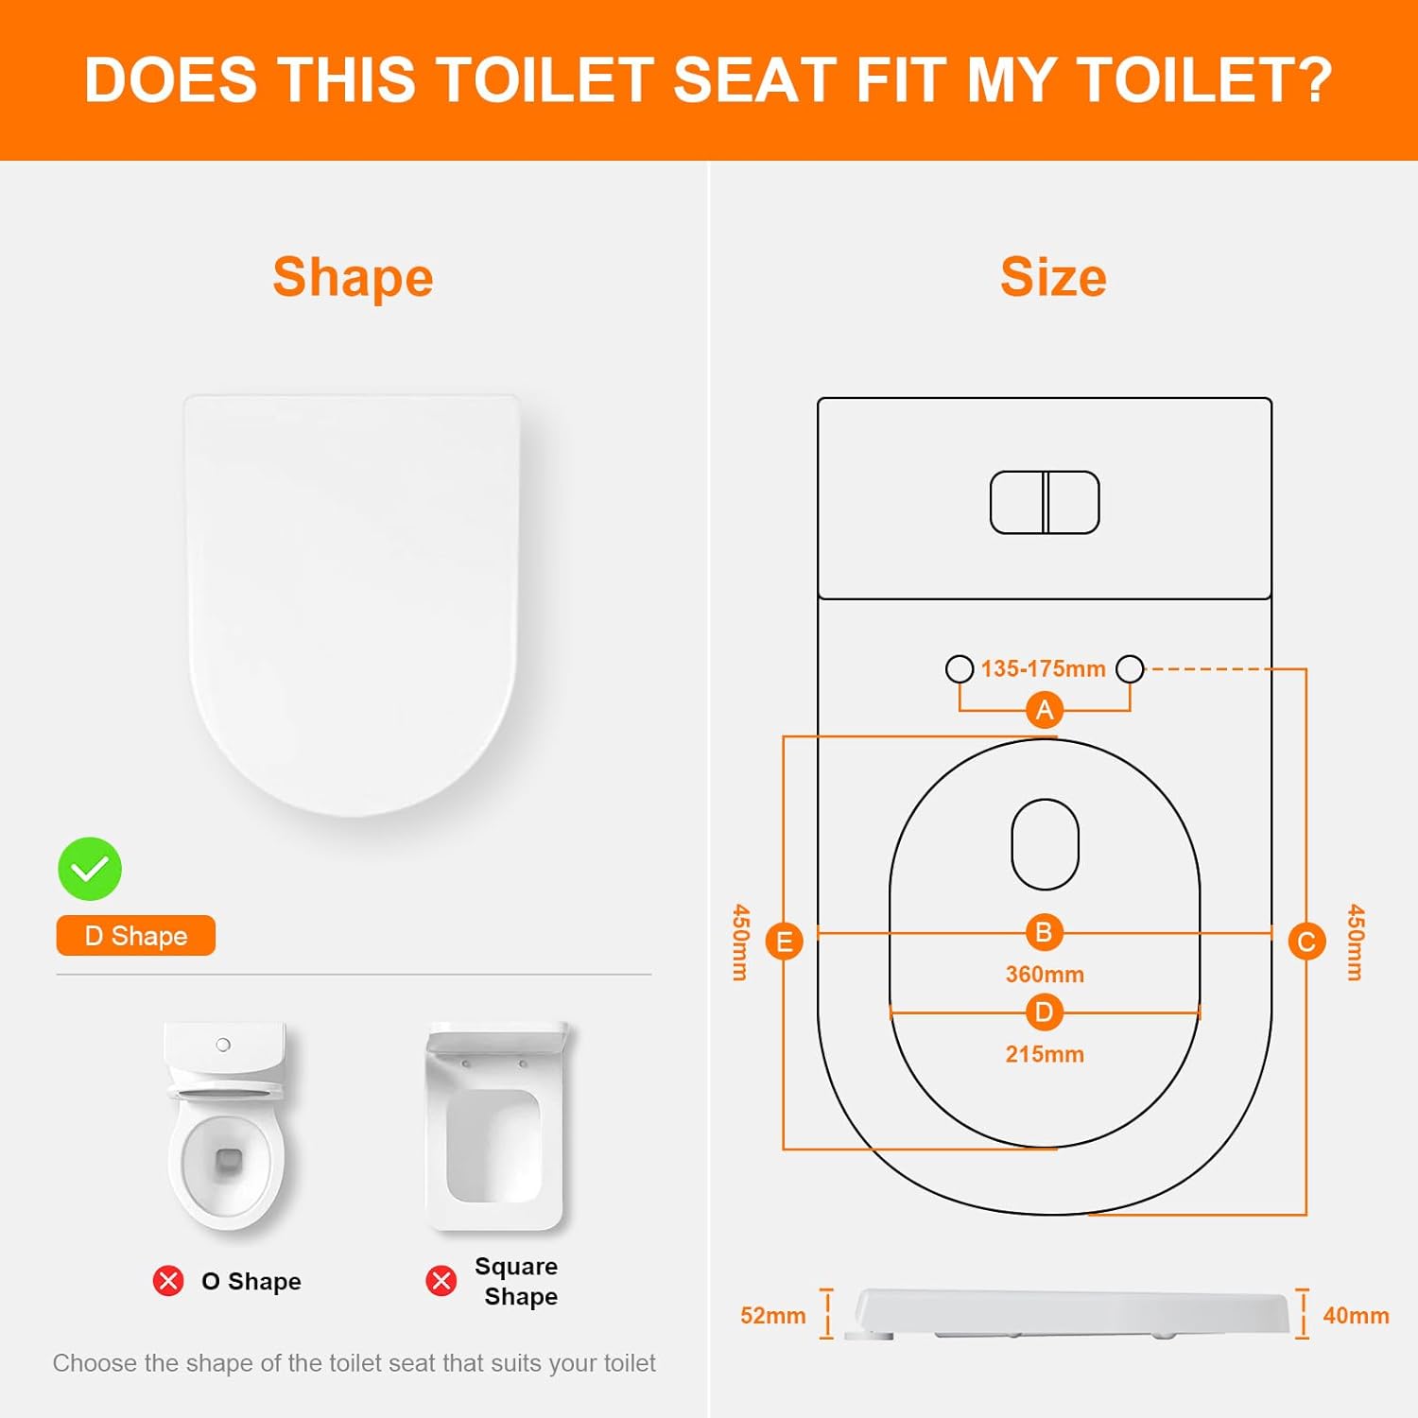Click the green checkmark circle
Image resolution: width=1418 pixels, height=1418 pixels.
click(x=90, y=869)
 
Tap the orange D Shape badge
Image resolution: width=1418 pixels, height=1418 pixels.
click(x=136, y=936)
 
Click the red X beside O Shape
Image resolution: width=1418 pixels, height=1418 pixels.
click(x=168, y=1281)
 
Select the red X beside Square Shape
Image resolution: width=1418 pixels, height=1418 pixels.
click(x=441, y=1281)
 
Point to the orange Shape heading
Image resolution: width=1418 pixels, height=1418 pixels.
click(x=353, y=277)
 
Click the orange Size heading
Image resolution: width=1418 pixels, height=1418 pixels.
click(x=1053, y=277)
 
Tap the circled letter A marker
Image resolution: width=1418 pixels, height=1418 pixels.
click(x=1045, y=710)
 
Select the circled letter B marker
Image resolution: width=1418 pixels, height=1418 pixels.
click(x=1045, y=933)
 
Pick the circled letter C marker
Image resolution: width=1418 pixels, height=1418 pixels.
click(x=1306, y=942)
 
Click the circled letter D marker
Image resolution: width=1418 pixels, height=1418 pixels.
click(x=1045, y=1012)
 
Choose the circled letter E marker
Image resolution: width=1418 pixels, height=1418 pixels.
click(x=784, y=942)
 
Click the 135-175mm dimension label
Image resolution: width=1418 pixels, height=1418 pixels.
click(x=1043, y=669)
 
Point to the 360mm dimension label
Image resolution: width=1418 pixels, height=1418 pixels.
click(x=1045, y=975)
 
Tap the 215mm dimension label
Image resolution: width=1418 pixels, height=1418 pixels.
click(x=1045, y=1054)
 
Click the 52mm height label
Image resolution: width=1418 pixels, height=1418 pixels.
click(x=772, y=1316)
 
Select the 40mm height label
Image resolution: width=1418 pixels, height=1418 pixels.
click(x=1356, y=1316)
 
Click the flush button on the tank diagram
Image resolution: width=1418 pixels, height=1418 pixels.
click(x=1045, y=502)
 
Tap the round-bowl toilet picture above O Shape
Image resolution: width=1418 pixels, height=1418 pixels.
click(x=226, y=1125)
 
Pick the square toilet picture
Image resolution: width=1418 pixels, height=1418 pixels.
click(x=495, y=1125)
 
